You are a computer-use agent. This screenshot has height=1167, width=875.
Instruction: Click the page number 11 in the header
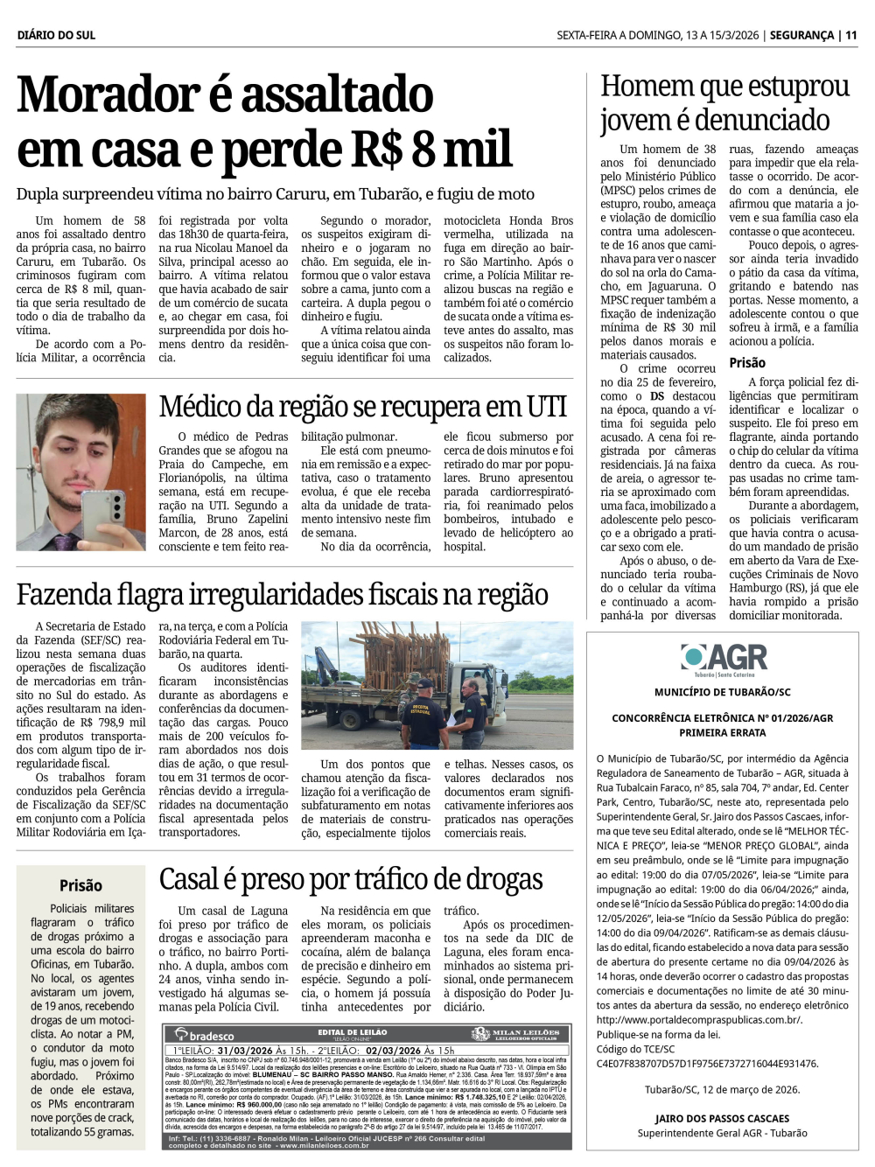click(850, 35)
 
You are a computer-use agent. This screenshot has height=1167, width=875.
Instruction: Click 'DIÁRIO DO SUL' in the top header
click(56, 35)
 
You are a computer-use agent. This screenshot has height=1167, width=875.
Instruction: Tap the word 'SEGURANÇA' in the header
click(801, 35)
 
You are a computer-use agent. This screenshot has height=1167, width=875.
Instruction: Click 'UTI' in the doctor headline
click(546, 407)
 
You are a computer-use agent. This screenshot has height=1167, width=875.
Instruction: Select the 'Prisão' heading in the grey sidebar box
click(80, 885)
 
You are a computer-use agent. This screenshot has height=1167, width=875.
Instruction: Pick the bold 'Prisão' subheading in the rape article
click(747, 362)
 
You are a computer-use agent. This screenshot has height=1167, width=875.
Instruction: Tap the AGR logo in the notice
click(723, 658)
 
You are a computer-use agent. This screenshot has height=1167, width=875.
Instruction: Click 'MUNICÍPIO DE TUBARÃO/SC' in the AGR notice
click(722, 692)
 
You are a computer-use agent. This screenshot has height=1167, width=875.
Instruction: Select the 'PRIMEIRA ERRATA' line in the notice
click(722, 732)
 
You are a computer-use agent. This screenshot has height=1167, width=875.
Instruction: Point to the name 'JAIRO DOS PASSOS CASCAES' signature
click(722, 1118)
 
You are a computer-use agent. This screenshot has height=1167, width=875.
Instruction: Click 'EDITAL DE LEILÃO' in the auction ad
click(353, 1032)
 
